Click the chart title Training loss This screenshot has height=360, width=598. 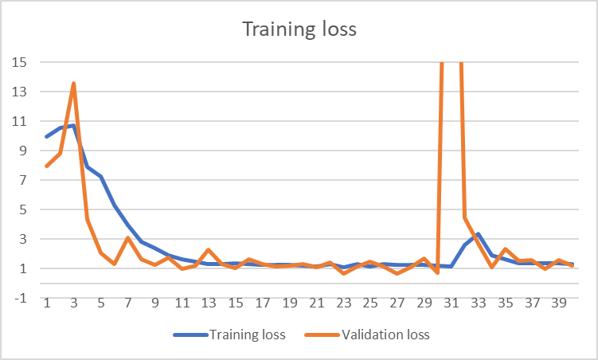(x=299, y=31)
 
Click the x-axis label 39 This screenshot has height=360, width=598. (x=560, y=303)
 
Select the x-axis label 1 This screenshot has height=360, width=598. (x=47, y=303)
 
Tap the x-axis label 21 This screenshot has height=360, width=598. (x=317, y=303)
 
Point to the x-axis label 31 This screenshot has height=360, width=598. (x=451, y=303)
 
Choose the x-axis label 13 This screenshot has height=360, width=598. (x=209, y=303)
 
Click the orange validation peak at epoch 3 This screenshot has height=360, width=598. (x=74, y=83)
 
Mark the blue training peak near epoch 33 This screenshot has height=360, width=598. (x=479, y=234)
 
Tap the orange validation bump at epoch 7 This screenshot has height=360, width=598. (x=127, y=238)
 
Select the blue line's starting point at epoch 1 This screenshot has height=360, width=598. (x=47, y=137)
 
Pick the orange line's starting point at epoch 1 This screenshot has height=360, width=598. (x=47, y=166)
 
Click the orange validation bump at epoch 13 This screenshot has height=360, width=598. (x=209, y=250)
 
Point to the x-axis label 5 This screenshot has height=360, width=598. (x=101, y=303)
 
